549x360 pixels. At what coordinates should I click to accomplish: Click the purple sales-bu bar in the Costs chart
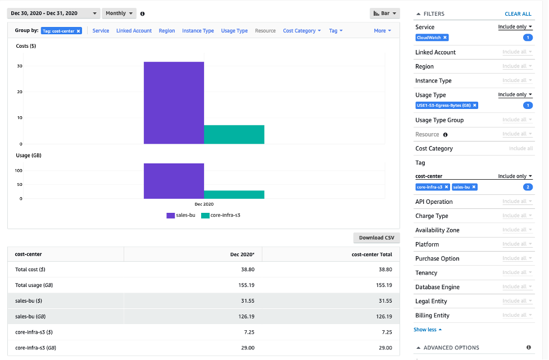(174, 103)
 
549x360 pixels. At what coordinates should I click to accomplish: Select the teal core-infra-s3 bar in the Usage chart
(234, 194)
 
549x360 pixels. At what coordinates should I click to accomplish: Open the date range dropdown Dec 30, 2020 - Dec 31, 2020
(53, 13)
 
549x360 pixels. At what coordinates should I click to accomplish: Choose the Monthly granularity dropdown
(119, 13)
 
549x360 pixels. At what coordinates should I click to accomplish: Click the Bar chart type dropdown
(385, 13)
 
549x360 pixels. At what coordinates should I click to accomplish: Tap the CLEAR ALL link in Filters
(518, 14)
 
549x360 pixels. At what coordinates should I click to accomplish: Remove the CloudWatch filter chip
(445, 38)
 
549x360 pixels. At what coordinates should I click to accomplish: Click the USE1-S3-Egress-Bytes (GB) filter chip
(443, 105)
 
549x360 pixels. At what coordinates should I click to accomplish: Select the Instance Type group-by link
(198, 31)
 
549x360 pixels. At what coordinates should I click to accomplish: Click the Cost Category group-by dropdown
(302, 31)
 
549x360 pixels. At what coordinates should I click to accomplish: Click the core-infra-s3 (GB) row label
(35, 348)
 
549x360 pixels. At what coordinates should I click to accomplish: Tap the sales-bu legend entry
(181, 215)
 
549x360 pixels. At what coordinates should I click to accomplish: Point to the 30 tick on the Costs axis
(20, 66)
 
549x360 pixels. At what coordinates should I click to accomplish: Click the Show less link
(428, 330)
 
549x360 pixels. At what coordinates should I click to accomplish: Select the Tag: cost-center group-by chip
(61, 31)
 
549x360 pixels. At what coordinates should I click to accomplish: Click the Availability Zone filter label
(437, 230)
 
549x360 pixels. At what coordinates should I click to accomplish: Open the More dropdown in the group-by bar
(382, 31)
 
